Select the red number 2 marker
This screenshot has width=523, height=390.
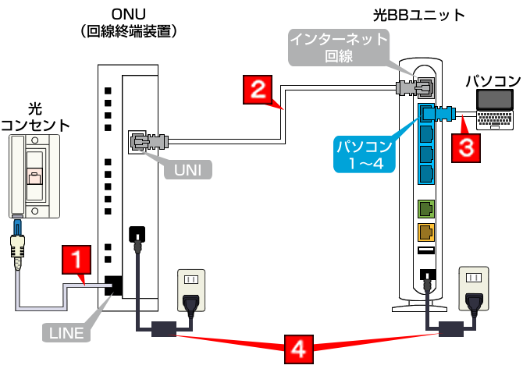pos(258,88)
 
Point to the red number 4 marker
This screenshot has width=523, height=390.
pos(299,349)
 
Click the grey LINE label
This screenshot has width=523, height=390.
pos(66,334)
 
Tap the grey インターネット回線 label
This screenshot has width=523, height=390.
pos(340,47)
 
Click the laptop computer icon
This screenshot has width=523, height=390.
pos(497,109)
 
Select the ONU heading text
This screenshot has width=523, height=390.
pos(130,15)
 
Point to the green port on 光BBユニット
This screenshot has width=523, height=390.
pos(426,209)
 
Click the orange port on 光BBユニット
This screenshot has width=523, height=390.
pos(426,232)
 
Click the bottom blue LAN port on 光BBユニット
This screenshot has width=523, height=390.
pos(426,172)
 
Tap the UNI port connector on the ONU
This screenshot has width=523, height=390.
pos(140,142)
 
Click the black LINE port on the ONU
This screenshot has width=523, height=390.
pos(112,285)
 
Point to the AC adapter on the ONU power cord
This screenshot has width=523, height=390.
pos(165,328)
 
